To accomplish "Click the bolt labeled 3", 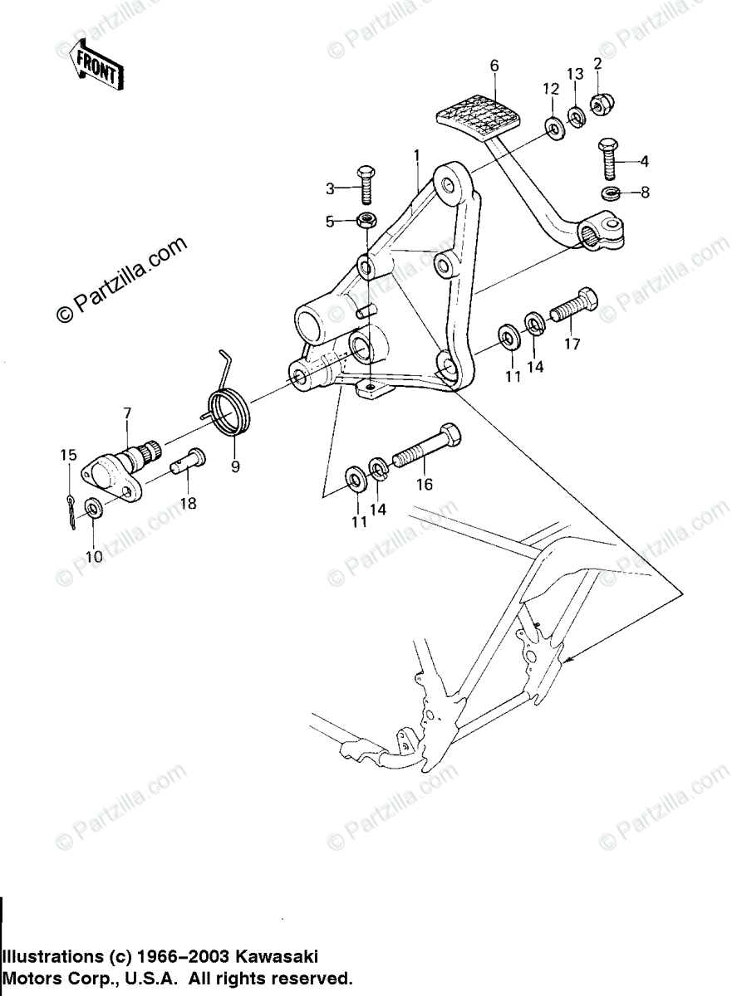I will [x=364, y=185].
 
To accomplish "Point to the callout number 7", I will [x=127, y=413].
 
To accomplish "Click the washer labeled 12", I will [x=552, y=126].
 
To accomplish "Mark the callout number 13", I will [x=575, y=74].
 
